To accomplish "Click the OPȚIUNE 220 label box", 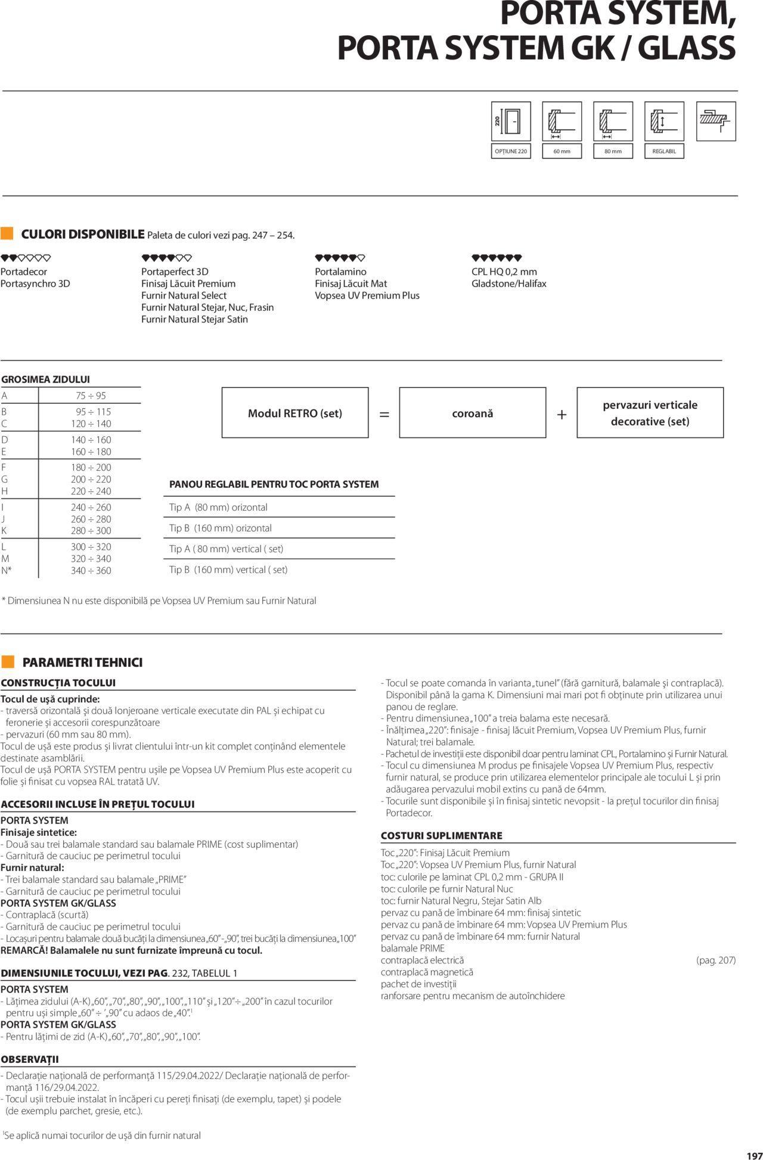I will click(510, 151).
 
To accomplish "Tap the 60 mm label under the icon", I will click(562, 151).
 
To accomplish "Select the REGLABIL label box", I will click(664, 151).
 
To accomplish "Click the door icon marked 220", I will click(510, 121).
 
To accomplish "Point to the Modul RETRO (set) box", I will click(295, 413).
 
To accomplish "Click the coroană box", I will click(473, 413).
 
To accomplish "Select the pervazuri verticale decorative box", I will click(650, 413).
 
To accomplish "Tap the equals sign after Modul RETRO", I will click(384, 414).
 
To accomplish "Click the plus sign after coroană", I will click(562, 414).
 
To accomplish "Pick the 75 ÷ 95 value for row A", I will click(91, 396).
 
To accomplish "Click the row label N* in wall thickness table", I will click(7, 570).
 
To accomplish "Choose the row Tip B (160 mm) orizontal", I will click(221, 528).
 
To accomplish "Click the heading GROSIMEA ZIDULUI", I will click(46, 380).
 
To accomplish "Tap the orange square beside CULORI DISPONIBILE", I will click(7, 233).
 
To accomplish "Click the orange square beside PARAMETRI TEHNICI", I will click(8, 662).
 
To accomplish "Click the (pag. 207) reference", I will click(716, 960).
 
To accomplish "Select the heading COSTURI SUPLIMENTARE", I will click(442, 835).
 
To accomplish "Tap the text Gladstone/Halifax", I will click(508, 284).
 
